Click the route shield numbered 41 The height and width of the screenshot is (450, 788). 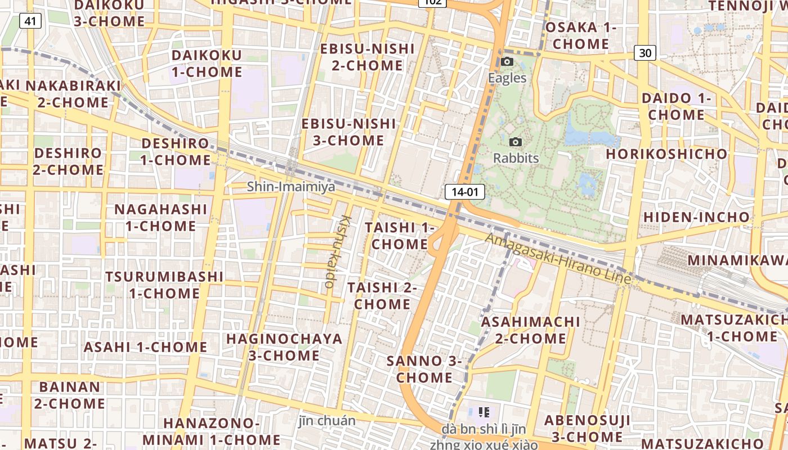(x=30, y=21)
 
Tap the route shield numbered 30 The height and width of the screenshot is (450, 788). (x=645, y=53)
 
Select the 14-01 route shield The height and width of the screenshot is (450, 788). (x=464, y=192)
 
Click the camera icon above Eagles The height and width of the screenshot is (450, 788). (x=507, y=61)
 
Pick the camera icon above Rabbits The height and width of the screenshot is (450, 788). (x=515, y=142)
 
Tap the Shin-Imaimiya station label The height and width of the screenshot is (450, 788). (x=291, y=186)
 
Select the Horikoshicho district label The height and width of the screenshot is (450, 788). (x=666, y=154)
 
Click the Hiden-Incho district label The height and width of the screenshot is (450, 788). (x=696, y=217)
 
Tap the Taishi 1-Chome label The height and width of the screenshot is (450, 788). (x=400, y=236)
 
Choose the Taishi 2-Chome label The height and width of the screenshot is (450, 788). (x=382, y=295)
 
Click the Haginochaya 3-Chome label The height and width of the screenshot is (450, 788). (x=284, y=347)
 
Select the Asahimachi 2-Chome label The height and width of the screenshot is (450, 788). (x=530, y=330)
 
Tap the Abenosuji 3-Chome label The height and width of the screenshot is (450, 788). (x=585, y=428)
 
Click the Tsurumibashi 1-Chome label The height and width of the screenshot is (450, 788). (x=164, y=285)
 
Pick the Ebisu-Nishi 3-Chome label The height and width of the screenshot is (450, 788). (x=348, y=132)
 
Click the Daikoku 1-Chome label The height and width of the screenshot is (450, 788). (x=207, y=64)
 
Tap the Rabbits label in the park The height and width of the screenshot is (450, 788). (x=516, y=158)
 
